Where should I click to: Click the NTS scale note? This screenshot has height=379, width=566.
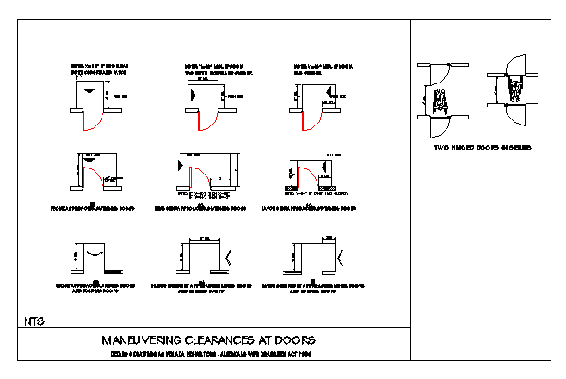[x=35, y=321]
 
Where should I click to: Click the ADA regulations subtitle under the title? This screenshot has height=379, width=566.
[x=209, y=354]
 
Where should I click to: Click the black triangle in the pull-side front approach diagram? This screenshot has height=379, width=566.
[x=89, y=161]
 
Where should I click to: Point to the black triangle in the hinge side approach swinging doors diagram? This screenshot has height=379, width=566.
[x=180, y=163]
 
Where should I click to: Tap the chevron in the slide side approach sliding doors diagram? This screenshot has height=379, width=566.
[x=227, y=255]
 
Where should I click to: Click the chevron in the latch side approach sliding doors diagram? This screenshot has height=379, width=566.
[x=338, y=255]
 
